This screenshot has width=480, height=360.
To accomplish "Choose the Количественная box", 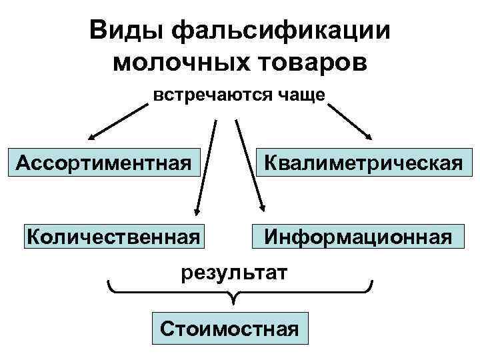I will [113, 235].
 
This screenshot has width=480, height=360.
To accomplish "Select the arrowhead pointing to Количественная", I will [196, 211].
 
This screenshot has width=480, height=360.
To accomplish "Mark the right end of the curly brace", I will [371, 283].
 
